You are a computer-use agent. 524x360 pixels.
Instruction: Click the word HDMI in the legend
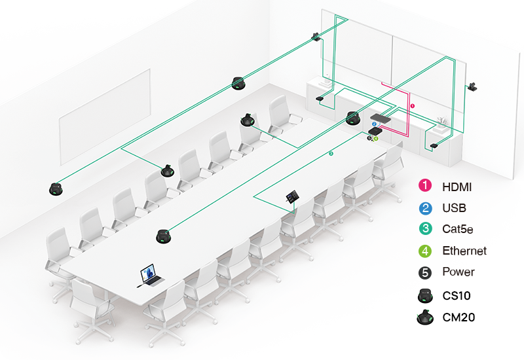(x=457, y=187)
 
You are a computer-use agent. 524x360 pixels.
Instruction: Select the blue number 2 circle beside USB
(x=426, y=208)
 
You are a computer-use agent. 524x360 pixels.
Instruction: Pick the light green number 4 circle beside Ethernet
(x=426, y=250)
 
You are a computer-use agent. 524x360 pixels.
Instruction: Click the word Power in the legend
(x=458, y=272)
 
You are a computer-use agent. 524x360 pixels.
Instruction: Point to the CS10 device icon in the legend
(x=426, y=295)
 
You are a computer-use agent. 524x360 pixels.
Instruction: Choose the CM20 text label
(x=458, y=317)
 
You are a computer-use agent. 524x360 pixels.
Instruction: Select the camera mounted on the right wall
(x=474, y=87)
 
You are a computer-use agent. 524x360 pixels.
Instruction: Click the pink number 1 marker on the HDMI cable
(x=412, y=105)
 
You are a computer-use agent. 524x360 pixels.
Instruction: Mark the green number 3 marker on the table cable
(x=331, y=153)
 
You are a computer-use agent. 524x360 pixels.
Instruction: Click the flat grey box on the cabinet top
(x=380, y=118)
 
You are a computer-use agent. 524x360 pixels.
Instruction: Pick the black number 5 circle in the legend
(x=426, y=272)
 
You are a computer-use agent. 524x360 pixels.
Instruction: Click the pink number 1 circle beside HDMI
(x=426, y=187)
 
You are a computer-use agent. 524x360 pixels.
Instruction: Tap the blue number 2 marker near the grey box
(x=374, y=124)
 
